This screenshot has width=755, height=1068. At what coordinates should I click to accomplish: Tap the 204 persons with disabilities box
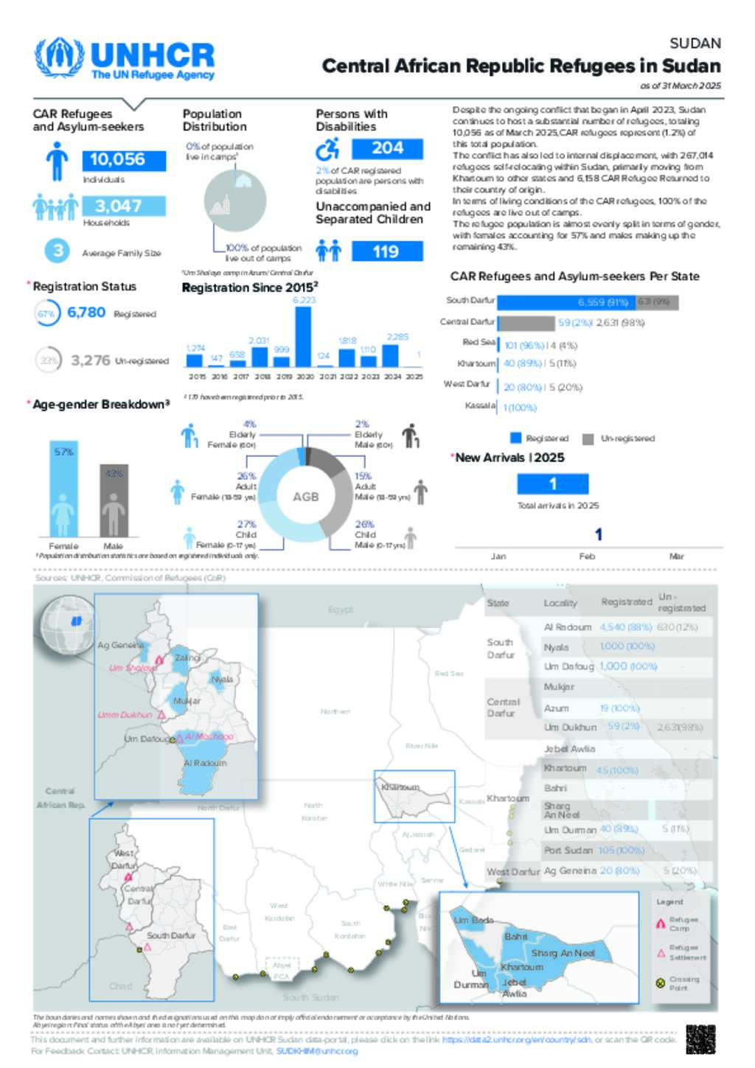coord(387,148)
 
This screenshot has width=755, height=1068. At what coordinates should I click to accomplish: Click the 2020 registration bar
coord(303,336)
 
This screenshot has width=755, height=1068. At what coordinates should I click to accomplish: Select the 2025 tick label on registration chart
coord(414,377)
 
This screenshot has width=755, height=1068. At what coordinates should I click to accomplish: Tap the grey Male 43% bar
coord(114,500)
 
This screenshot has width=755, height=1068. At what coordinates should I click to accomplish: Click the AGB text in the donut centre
coord(306,497)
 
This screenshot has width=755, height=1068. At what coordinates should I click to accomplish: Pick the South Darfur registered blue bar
coord(566,302)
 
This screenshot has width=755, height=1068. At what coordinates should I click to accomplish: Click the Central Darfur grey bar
coord(526,323)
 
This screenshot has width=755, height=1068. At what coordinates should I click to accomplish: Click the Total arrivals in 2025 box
coord(552,484)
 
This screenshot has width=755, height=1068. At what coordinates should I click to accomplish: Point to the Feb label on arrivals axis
coord(587,556)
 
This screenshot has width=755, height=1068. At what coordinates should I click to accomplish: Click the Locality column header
coord(560,603)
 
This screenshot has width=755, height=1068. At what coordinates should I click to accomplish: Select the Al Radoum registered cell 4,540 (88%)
coord(625,627)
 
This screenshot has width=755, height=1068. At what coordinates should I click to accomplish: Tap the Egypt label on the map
coord(341,610)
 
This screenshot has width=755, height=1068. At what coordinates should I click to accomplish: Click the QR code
coord(700,1039)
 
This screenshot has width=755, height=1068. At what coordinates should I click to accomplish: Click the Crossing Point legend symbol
coord(661,983)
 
